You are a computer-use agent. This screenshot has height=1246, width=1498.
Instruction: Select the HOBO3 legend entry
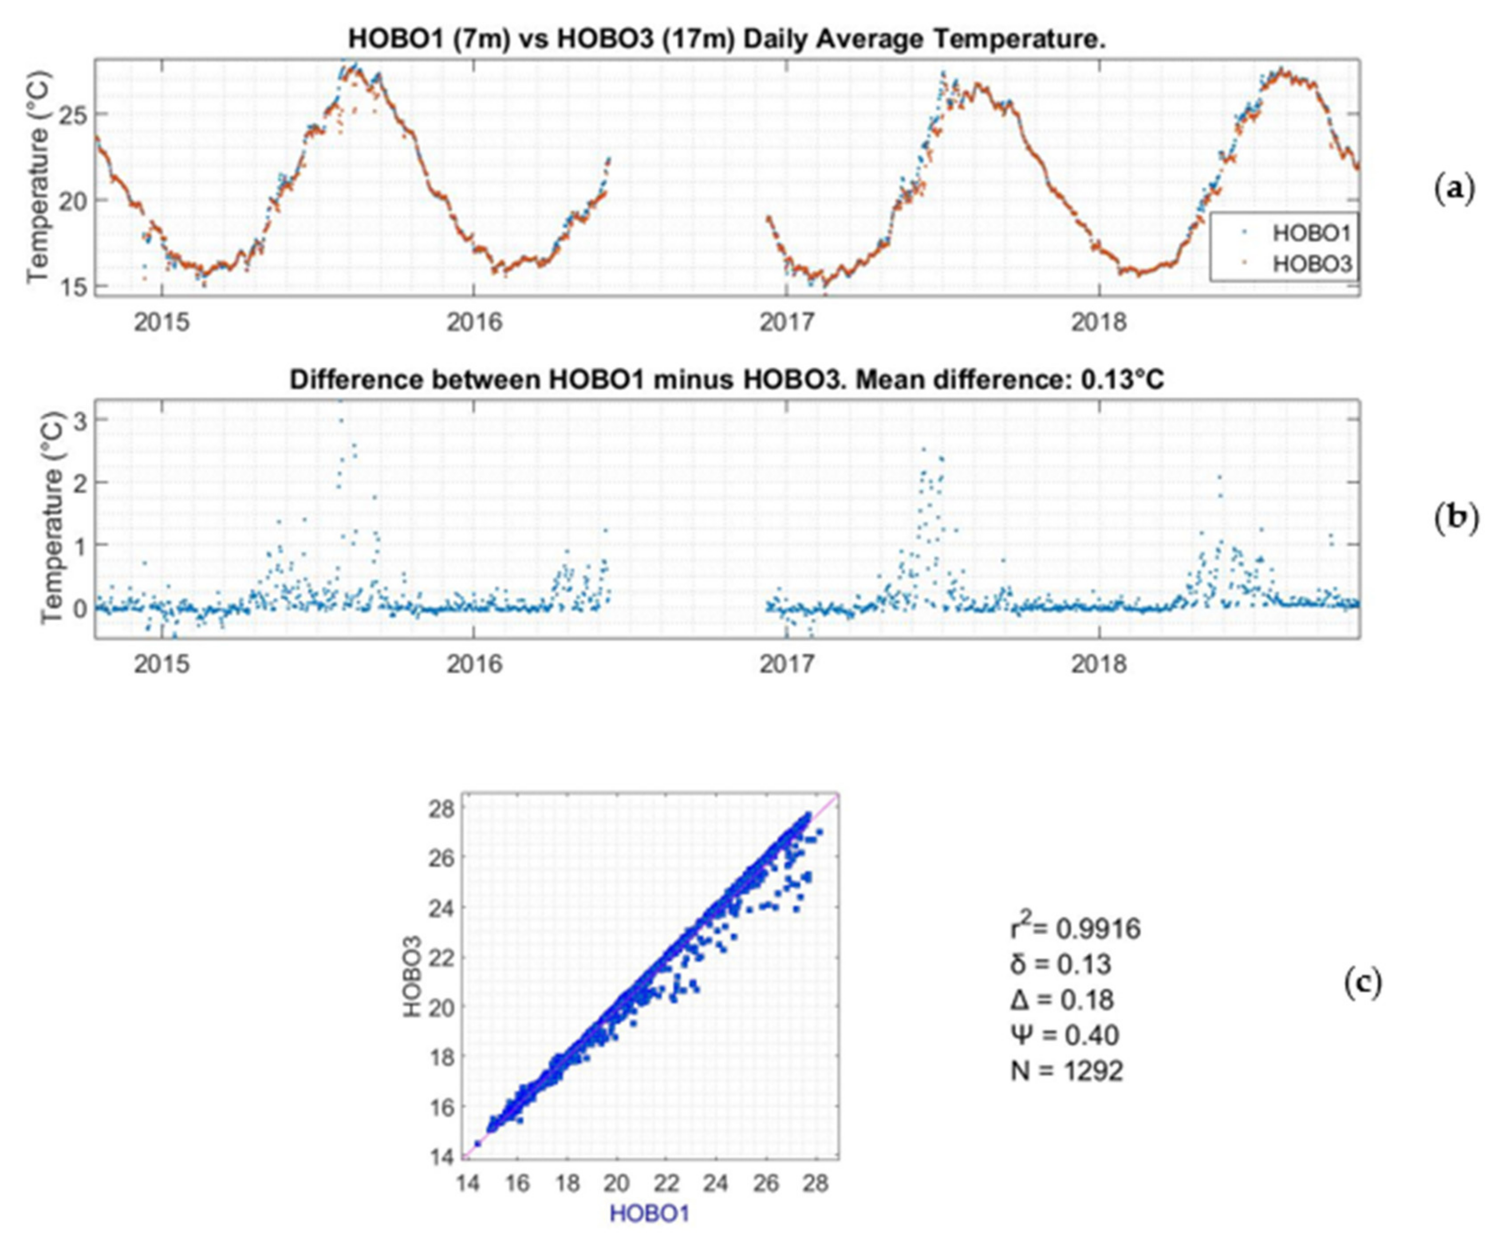1311,264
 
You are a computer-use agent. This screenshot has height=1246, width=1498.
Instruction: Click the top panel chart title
727,39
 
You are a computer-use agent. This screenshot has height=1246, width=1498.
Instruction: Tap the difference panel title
727,379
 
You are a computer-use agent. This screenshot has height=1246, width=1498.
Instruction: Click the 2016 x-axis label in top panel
474,323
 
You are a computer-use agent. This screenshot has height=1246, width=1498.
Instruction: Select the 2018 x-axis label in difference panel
1099,664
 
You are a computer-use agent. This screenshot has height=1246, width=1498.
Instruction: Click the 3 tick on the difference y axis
80,420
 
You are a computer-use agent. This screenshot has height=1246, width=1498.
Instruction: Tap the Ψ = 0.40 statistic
1064,1034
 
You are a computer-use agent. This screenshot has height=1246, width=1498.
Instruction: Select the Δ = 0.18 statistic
1062,999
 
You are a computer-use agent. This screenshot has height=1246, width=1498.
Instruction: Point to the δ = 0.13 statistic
1061,964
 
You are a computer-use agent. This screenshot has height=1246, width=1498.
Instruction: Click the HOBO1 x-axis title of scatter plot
649,1213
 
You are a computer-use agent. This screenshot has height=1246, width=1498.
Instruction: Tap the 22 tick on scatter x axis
666,1184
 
